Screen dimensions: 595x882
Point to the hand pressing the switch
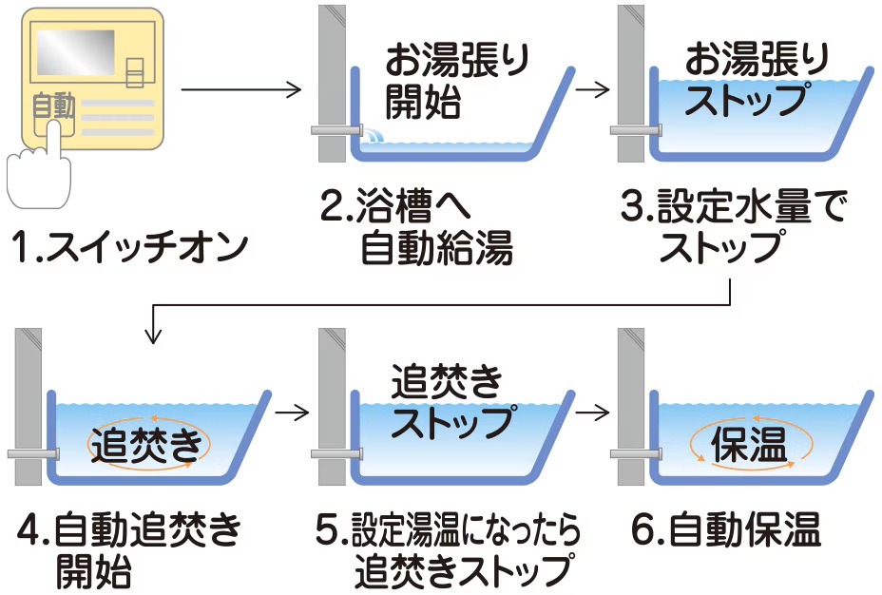tap(38, 171)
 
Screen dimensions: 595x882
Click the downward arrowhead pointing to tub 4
tap(152, 335)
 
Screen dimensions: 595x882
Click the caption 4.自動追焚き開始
tap(128, 551)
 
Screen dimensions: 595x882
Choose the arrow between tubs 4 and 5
tap(291, 413)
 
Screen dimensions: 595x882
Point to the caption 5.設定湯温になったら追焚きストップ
tap(448, 551)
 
